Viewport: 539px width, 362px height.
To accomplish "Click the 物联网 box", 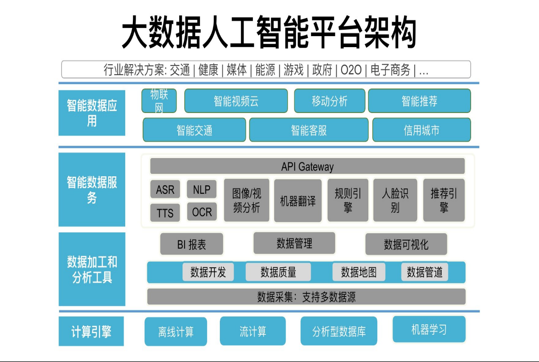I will click(x=159, y=101).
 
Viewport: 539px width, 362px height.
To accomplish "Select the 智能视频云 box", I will click(x=236, y=101).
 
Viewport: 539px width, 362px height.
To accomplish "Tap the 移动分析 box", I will click(x=330, y=101).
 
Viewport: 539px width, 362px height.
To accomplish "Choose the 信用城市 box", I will click(x=421, y=130).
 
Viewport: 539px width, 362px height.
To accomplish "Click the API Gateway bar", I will click(x=307, y=167).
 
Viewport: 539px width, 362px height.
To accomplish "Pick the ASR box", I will click(x=165, y=189).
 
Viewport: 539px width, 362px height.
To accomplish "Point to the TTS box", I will click(x=165, y=212).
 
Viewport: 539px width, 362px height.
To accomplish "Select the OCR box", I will click(x=202, y=212).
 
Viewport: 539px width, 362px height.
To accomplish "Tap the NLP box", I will click(x=202, y=189).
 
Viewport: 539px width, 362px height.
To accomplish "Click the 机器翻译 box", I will click(x=298, y=201).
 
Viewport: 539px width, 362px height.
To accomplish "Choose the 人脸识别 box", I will click(x=395, y=201).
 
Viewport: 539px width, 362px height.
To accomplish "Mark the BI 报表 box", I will click(x=191, y=244).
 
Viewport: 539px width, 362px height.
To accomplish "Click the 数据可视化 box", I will click(x=406, y=244).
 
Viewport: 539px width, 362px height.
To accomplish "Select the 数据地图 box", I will click(x=359, y=272).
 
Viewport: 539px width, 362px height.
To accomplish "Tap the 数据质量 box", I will click(x=278, y=272).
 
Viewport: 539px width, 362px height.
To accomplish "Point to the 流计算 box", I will click(x=253, y=331).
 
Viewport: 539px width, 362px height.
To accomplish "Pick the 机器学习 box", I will click(x=429, y=329).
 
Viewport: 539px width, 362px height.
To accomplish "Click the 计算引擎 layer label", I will click(x=91, y=331).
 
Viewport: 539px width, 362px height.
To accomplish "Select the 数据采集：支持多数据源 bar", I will click(x=306, y=297).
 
